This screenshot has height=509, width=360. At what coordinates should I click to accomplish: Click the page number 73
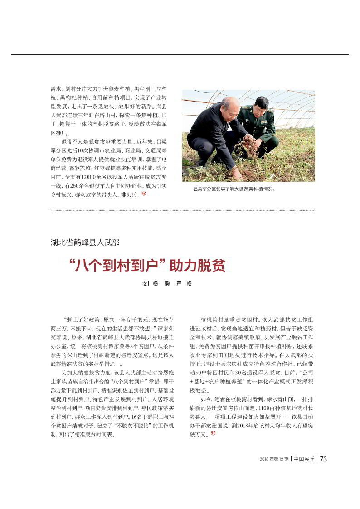323,459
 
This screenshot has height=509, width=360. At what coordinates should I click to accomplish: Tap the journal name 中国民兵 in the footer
304,459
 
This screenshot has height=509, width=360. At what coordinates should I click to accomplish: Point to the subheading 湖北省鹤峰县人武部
85,242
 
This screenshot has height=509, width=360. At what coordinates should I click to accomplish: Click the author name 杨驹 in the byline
161,283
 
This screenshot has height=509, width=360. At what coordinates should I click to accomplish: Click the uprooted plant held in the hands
249,146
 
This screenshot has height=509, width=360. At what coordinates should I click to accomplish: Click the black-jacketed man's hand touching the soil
236,171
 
